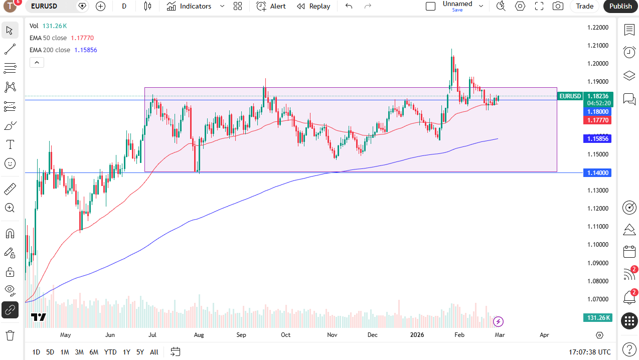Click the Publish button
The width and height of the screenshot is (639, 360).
(620, 6)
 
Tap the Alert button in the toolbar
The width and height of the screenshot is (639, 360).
(271, 6)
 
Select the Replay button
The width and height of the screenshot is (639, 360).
(313, 6)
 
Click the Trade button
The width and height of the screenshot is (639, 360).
(584, 6)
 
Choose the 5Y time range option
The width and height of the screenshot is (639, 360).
(140, 352)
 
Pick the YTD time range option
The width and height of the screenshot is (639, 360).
(110, 352)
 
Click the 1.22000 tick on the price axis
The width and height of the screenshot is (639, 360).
(597, 28)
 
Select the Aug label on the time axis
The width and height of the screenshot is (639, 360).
(199, 334)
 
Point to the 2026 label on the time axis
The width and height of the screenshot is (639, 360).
(417, 334)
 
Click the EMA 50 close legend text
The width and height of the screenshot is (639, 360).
(48, 38)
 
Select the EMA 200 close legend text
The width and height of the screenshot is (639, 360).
(50, 50)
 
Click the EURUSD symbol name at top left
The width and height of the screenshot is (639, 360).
(44, 6)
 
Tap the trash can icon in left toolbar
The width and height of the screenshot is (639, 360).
(10, 335)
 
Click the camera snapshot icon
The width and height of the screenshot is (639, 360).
(557, 6)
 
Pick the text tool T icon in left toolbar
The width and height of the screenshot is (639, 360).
(10, 144)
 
